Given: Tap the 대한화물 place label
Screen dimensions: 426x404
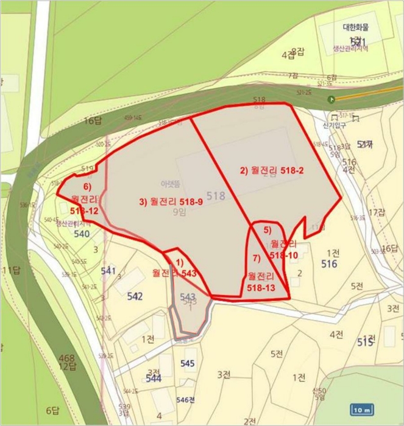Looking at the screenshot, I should tap(356, 27).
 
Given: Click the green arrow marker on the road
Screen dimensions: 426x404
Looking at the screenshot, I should tap(331, 99).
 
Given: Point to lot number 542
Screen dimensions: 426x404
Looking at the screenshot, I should tap(135, 296).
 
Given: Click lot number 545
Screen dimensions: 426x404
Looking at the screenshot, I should tap(188, 363).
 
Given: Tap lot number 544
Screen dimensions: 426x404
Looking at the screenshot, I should tap(154, 378).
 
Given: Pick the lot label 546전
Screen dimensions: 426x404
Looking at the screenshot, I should tap(185, 400).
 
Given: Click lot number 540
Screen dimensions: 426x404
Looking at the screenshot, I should tap(82, 234).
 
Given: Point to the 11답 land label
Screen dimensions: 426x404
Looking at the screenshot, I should tap(11, 270).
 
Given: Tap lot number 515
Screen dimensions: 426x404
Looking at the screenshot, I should tap(365, 342).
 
